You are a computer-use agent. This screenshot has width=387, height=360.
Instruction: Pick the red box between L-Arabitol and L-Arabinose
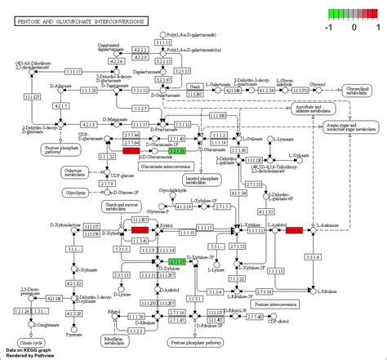(x=294, y=231)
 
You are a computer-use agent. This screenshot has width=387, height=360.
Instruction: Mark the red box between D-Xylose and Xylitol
(x=140, y=231)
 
